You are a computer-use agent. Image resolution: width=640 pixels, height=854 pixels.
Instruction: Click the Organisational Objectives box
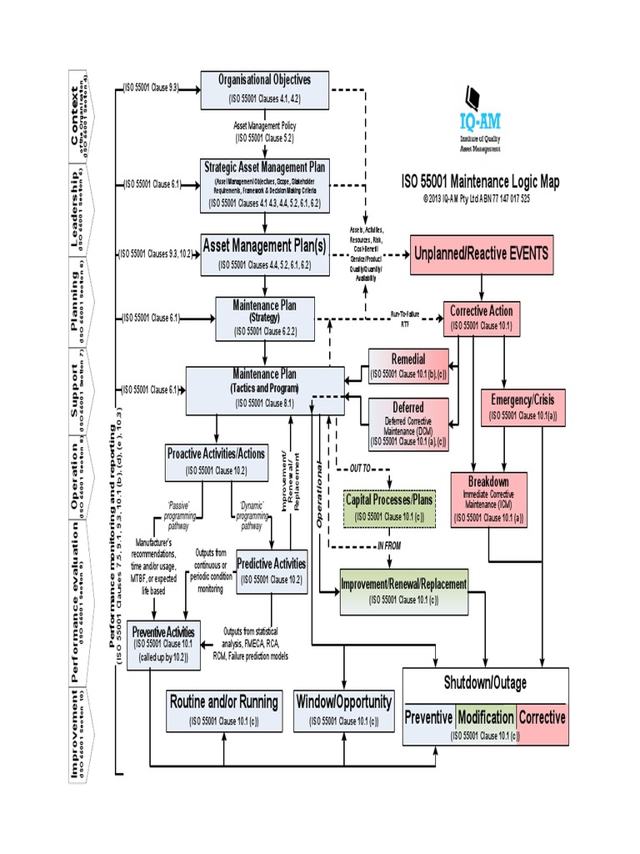264,89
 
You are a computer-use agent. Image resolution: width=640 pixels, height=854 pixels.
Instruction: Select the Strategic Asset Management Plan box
264,184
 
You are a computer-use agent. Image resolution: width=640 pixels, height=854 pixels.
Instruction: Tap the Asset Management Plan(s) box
264,254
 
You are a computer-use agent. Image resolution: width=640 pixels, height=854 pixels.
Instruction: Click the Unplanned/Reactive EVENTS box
482,255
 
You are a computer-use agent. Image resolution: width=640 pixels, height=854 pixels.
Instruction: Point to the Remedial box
407,367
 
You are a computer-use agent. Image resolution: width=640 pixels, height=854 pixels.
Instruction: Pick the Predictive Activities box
272,570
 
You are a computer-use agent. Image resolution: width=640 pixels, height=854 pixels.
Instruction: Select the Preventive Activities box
163,643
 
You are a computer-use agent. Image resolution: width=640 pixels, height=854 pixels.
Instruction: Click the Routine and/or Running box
223,710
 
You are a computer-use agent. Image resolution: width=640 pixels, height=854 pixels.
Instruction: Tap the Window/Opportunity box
343,710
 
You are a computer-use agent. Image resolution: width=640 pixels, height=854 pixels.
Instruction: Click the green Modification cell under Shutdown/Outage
486,717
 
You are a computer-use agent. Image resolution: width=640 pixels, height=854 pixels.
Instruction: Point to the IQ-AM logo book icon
472,96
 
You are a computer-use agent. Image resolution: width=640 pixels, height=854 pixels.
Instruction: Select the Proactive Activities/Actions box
216,461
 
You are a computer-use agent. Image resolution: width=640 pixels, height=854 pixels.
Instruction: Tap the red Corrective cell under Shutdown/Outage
542,717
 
